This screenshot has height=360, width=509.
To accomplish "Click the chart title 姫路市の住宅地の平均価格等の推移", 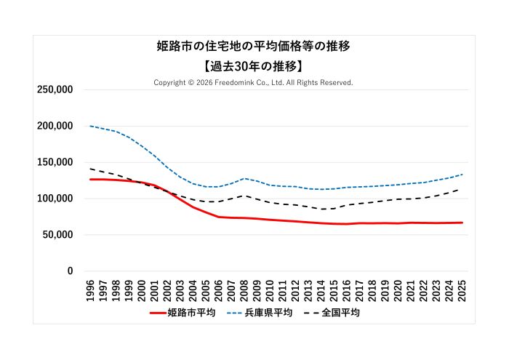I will [254, 47].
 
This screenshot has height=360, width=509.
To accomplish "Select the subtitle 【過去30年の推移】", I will [254, 65].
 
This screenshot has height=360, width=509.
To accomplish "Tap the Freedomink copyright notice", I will [253, 82].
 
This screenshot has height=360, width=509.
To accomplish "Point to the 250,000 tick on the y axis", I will [55, 89].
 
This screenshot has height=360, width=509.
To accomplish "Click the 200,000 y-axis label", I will [55, 126].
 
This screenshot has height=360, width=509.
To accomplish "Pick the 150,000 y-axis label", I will [55, 162].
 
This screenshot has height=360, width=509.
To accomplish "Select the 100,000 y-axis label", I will [55, 199].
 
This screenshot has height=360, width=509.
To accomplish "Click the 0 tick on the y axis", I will [70, 271].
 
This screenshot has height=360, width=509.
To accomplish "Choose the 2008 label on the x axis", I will [244, 289].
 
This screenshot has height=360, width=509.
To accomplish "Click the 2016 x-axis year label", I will [347, 289].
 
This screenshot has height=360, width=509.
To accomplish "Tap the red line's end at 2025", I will [462, 223].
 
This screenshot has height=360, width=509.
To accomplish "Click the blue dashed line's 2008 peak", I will [244, 178].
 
